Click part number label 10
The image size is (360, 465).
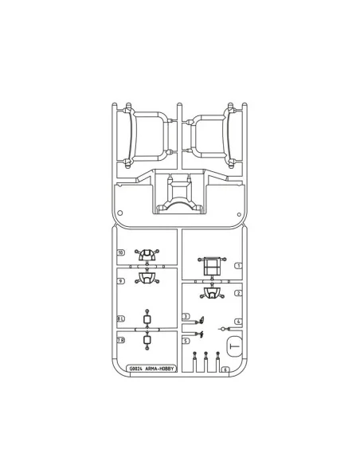tap(120, 252)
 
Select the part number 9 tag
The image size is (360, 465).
tap(120, 281)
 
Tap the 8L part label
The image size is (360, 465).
tap(120, 318)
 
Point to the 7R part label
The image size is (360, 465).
tap(120, 340)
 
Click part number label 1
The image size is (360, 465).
tap(238, 266)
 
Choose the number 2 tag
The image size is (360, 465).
tap(238, 293)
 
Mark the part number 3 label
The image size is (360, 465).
tap(186, 316)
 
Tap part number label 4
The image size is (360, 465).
tap(238, 322)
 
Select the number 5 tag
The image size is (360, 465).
tap(186, 341)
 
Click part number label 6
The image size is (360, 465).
tap(225, 369)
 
